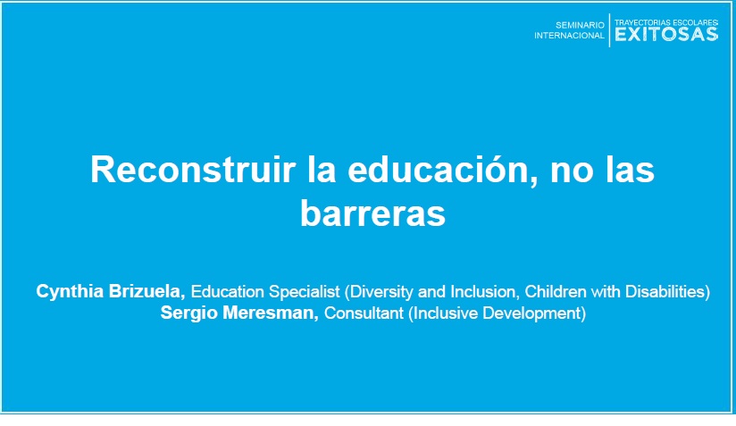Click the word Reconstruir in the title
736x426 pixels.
193,170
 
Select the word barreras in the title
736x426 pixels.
372,213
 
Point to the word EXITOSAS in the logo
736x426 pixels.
666,34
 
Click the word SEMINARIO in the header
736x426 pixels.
580,25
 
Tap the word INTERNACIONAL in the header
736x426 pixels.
569,36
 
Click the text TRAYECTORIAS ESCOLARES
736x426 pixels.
666,22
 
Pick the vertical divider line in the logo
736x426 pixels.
609,30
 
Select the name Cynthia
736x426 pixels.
70,292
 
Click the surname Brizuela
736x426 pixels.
146,291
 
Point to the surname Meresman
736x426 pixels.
271,313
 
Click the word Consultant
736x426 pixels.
364,313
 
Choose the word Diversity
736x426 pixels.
381,292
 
